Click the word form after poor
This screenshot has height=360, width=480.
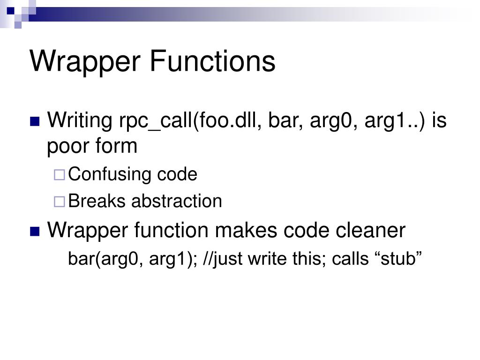coord(116,146)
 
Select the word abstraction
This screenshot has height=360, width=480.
coord(177,201)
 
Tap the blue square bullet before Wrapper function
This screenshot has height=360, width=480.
coord(35,231)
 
